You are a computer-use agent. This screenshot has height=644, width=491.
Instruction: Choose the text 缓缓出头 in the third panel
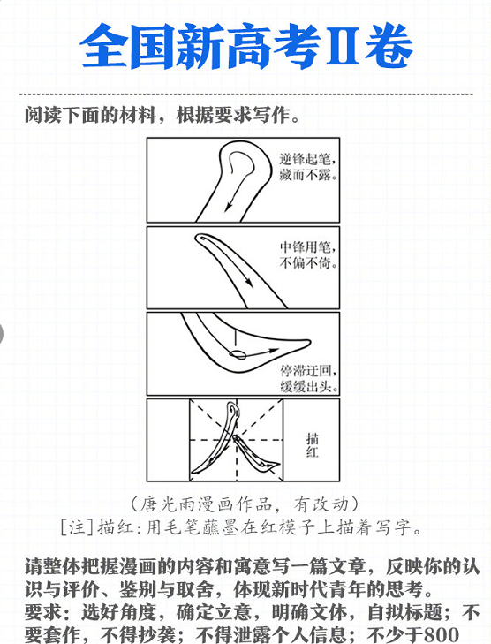coord(310,386)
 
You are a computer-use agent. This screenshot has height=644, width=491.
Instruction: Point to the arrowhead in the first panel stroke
coord(229,208)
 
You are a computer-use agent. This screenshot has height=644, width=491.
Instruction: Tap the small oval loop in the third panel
coord(237,355)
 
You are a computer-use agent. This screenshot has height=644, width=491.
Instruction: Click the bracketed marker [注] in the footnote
coord(80,527)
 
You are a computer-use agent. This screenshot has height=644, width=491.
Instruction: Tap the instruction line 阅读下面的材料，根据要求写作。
coord(162,116)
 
